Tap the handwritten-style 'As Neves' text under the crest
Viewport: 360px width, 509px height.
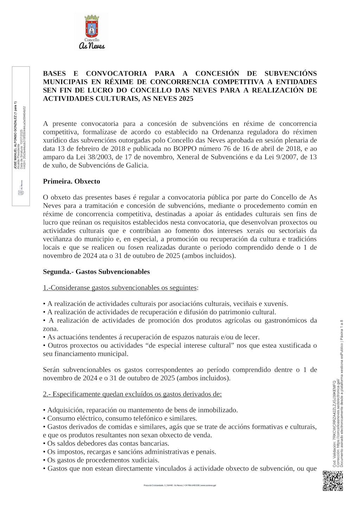tap(91, 46)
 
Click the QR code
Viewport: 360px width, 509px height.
tap(333, 480)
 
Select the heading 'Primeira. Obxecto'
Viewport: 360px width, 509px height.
tap(71, 181)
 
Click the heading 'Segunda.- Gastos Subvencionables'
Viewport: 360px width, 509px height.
tap(96, 272)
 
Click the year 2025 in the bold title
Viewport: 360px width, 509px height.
tap(186, 99)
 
